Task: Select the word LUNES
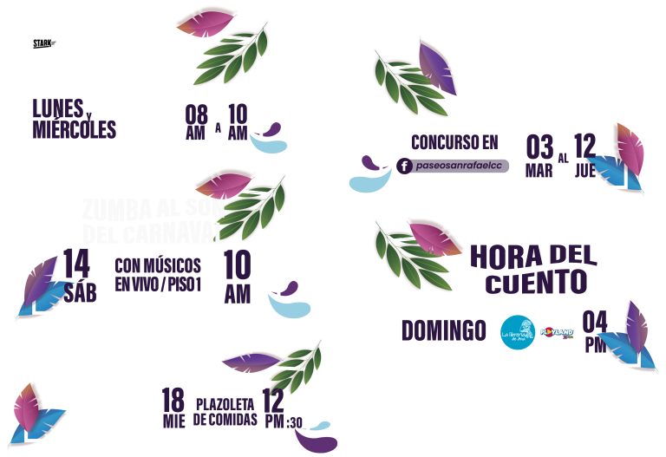[57, 109]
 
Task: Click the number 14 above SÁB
[76, 262]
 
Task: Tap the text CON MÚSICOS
[158, 264]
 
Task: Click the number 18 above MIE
[173, 400]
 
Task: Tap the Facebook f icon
[404, 166]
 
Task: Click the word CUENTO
[536, 283]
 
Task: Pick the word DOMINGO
[443, 330]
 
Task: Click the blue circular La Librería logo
[518, 332]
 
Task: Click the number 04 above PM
[595, 321]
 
